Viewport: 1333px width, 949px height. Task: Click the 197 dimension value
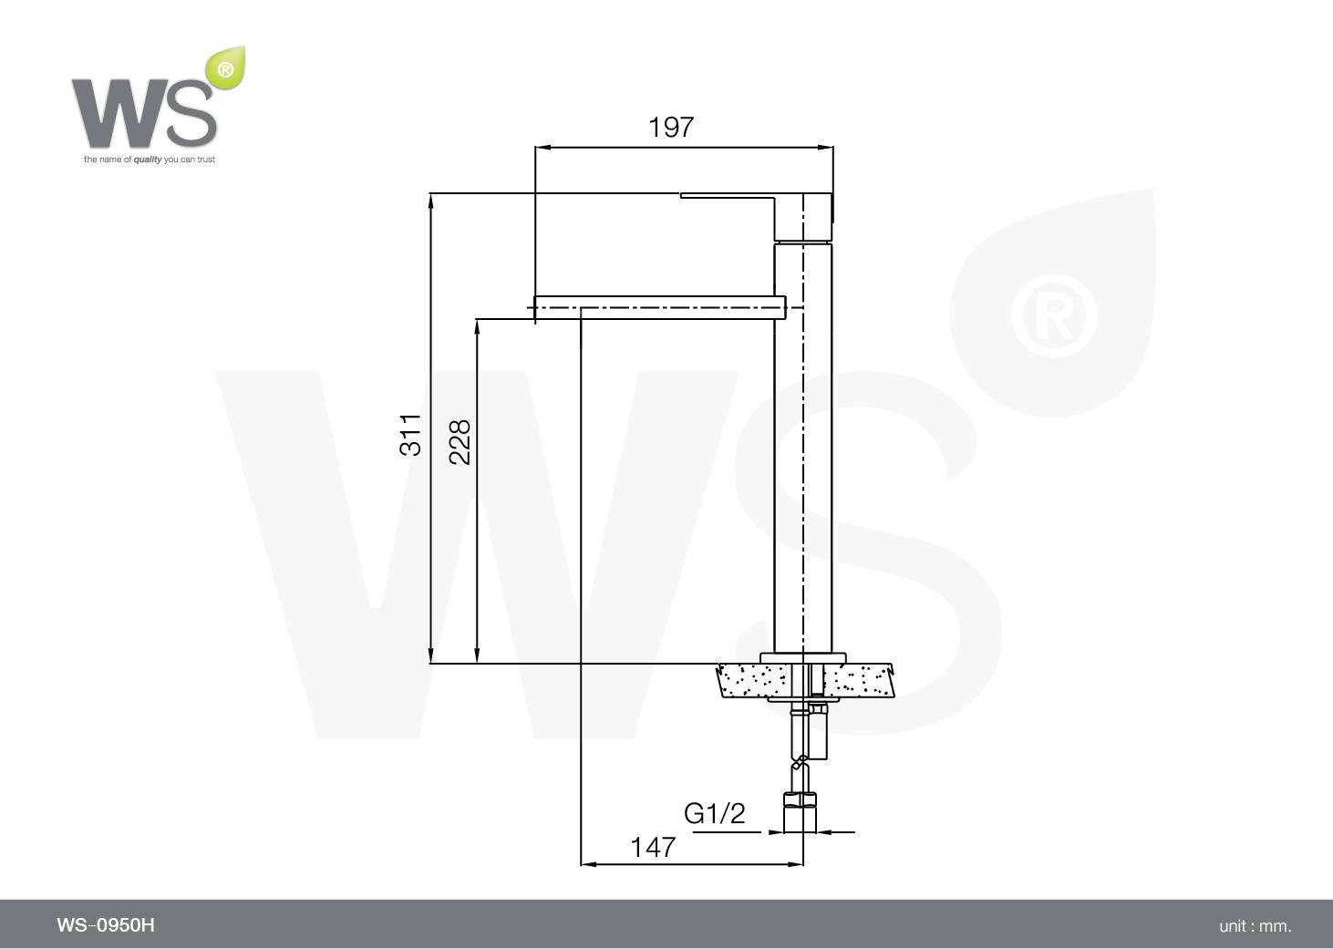tap(671, 127)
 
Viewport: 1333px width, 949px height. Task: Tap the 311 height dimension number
tap(411, 434)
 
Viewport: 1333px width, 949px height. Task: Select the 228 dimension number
tap(460, 441)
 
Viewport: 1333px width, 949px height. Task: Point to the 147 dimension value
tap(653, 847)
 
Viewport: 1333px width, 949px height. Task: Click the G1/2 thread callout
tap(715, 813)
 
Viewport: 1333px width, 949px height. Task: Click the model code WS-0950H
tap(106, 925)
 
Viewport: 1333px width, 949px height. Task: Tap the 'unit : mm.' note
tap(1255, 926)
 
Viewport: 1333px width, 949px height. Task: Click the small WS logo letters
tap(144, 113)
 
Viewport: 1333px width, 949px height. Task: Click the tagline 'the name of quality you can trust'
tap(150, 160)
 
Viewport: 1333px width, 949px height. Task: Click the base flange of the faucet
tap(802, 657)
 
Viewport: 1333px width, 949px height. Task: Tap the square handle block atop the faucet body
tap(803, 217)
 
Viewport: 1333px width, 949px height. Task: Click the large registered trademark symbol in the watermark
tap(1053, 315)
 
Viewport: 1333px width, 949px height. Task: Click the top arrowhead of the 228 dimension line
tap(476, 325)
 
